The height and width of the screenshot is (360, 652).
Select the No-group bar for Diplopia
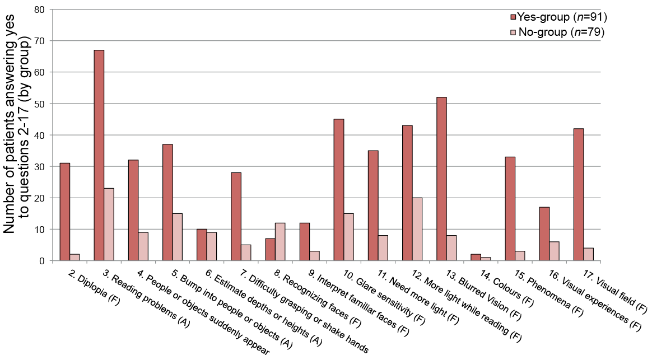click(74, 258)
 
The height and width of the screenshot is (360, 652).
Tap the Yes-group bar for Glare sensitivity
click(339, 190)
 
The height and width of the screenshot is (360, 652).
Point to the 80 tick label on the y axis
click(39, 10)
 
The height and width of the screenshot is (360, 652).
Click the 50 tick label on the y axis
click(39, 104)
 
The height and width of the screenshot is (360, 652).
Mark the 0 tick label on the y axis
click(42, 261)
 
